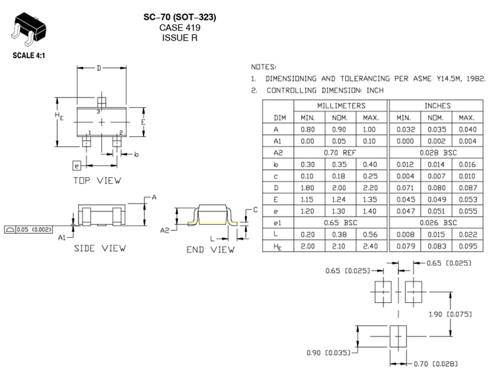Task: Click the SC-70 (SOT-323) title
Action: (179, 16)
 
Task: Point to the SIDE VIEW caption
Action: (99, 248)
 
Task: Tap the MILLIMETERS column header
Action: (341, 105)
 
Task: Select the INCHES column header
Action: (437, 105)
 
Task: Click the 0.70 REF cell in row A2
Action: (341, 151)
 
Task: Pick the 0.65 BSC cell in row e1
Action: (341, 223)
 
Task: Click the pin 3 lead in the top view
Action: (101, 103)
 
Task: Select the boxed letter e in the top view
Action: (76, 165)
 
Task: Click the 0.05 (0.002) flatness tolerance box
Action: (28, 229)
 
